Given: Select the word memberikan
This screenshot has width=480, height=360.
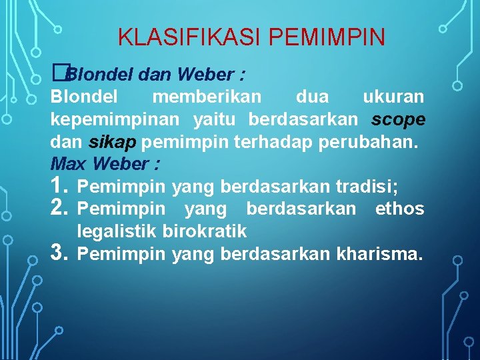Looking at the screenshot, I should click(x=207, y=97).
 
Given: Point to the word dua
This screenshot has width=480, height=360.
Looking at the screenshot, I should click(x=312, y=97).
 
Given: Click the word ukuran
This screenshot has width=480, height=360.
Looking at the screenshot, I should click(x=393, y=97).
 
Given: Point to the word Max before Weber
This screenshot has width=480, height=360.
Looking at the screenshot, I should click(x=70, y=163).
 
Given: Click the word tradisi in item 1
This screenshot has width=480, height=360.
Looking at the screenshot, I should click(x=369, y=186).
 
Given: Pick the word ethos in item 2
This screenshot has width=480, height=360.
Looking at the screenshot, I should click(x=399, y=209).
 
